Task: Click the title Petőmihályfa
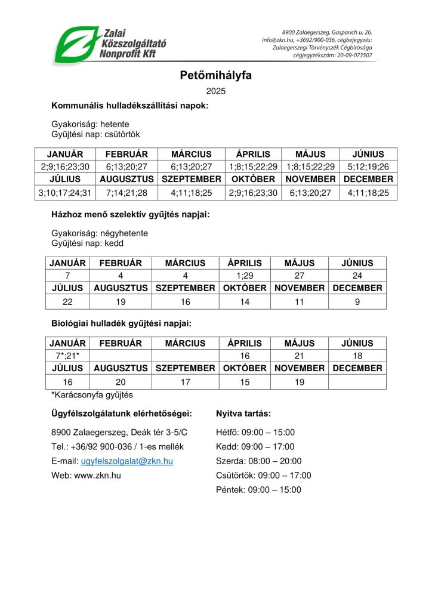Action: [215, 75]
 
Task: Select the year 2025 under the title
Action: [215, 91]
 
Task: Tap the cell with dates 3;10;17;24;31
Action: [65, 193]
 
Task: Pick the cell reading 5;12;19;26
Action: [368, 166]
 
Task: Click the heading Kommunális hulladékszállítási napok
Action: [129, 106]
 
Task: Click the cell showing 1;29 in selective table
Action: [245, 276]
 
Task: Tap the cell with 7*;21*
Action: [67, 356]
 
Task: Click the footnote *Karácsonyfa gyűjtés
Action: [92, 395]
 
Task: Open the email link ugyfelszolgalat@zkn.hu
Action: [127, 461]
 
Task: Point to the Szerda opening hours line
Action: [259, 461]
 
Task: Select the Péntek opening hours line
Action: [258, 490]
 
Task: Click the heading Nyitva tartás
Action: [243, 413]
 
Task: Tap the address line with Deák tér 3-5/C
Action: [119, 433]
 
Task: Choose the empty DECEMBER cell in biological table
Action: [357, 381]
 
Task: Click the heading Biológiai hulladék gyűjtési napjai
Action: [121, 323]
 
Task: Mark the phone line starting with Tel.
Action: [118, 447]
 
